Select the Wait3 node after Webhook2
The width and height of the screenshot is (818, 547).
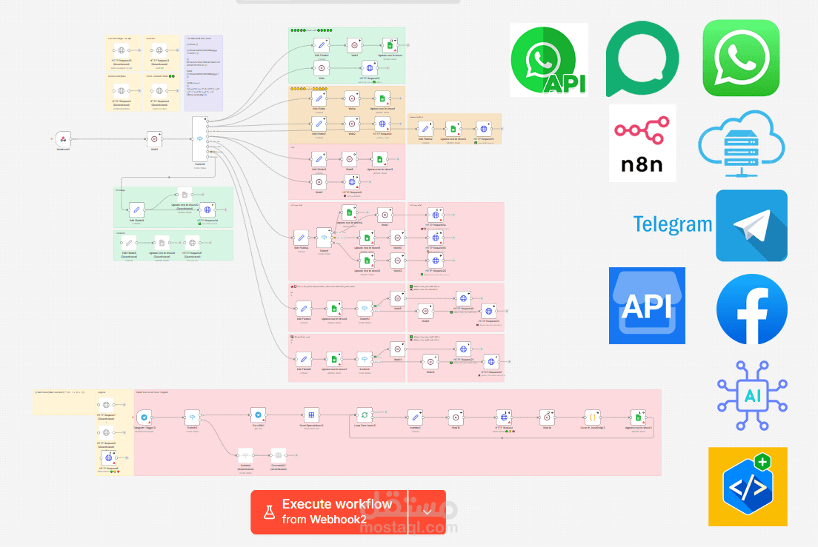154,138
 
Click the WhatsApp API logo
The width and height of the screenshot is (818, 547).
548,59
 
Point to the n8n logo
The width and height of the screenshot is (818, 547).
642,143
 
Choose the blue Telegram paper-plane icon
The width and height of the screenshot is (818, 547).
751,226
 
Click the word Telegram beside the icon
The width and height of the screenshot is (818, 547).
672,224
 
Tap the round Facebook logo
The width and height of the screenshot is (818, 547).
752,309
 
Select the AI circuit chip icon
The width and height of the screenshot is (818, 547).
752,396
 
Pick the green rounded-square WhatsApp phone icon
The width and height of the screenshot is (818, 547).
741,58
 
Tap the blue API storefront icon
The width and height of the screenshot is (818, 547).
647,306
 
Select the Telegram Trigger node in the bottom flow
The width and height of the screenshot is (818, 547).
144,417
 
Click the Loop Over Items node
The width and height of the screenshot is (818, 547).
365,416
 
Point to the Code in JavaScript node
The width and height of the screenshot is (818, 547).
592,416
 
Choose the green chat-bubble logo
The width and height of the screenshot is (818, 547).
642,58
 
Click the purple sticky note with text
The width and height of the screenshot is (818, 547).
203,73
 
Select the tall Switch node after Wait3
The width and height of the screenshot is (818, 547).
200,139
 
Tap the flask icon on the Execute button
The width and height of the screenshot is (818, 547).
266,511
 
